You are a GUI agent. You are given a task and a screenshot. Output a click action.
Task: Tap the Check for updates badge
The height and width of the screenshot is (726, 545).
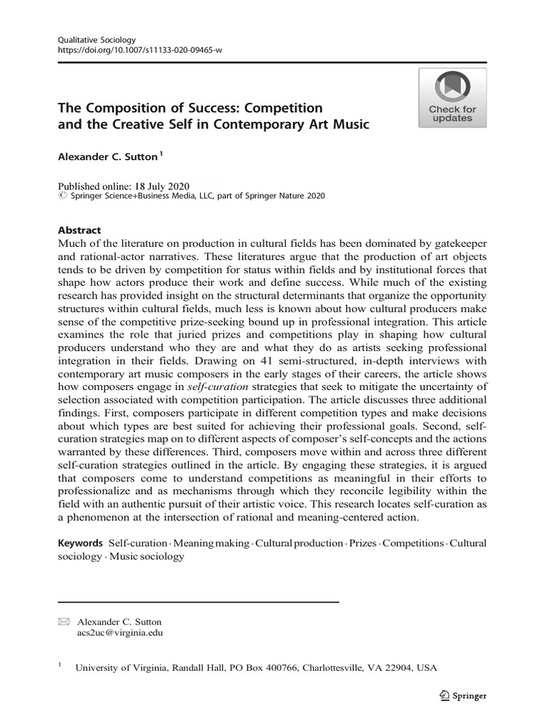pyautogui.click(x=451, y=98)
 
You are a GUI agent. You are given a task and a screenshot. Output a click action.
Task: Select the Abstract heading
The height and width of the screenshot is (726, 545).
pyautogui.click(x=79, y=230)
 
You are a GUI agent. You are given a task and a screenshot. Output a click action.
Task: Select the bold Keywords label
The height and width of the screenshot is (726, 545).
pyautogui.click(x=80, y=543)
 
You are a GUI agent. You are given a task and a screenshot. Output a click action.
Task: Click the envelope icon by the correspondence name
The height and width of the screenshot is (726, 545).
pyautogui.click(x=63, y=622)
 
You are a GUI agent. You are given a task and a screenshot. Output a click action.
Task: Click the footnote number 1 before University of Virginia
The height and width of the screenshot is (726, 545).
pyautogui.click(x=60, y=665)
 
